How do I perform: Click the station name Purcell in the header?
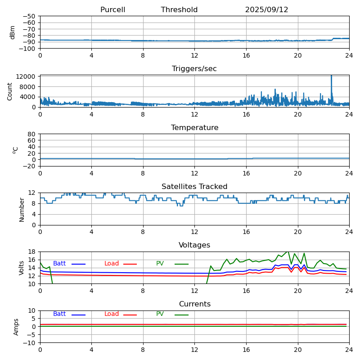coord(112,10)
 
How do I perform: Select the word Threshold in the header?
coord(179,10)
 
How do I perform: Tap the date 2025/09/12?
coord(266,10)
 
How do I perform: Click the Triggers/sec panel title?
coord(194,69)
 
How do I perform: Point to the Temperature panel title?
coord(194,128)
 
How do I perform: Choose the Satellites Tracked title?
coord(194,187)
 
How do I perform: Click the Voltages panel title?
coord(194,245)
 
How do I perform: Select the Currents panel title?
coord(194,304)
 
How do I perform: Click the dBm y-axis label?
coord(13,32)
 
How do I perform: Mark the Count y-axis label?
coord(10,91)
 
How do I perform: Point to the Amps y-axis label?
coord(17,327)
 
